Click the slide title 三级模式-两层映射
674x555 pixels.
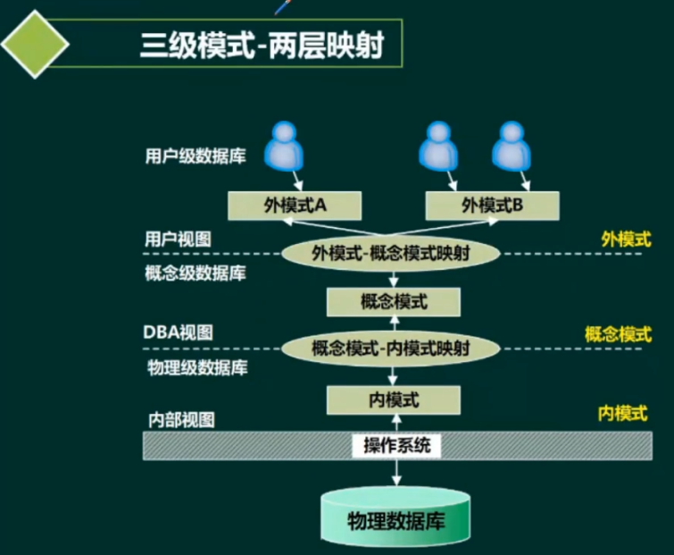(262, 45)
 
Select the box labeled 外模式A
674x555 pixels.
(294, 206)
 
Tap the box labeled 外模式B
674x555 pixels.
(493, 206)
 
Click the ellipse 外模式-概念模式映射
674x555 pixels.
(390, 253)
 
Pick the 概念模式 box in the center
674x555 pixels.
(393, 302)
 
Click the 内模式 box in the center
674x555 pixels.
(393, 399)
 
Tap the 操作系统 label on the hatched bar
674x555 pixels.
(397, 444)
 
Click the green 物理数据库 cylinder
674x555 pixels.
(395, 519)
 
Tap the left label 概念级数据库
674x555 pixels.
(195, 273)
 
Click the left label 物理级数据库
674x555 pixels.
(196, 366)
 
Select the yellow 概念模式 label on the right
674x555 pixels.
(617, 334)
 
